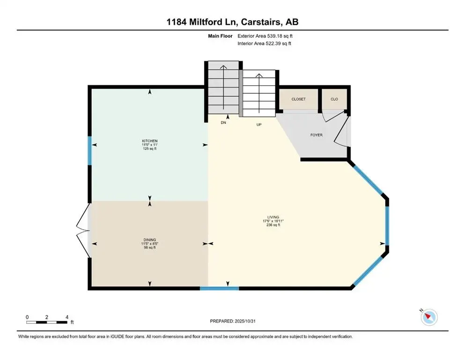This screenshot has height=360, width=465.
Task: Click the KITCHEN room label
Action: (x=150, y=141)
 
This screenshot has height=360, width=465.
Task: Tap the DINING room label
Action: (x=150, y=239)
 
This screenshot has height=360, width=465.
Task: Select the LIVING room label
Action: (x=273, y=217)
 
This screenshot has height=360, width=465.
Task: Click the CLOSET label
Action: (x=298, y=99)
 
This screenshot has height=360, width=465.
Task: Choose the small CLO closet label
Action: (x=334, y=99)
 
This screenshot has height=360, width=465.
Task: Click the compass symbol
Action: (x=428, y=317)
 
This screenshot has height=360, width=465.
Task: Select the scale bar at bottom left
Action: (x=47, y=322)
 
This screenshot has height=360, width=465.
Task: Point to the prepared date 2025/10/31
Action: (x=232, y=321)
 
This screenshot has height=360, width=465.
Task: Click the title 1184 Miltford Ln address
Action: (x=232, y=22)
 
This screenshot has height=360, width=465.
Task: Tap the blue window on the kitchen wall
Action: (x=90, y=150)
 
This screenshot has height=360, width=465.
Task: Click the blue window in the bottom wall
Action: (x=219, y=288)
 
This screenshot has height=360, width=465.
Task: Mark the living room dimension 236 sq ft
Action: (x=273, y=225)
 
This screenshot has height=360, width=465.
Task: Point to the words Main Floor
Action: (x=221, y=36)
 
